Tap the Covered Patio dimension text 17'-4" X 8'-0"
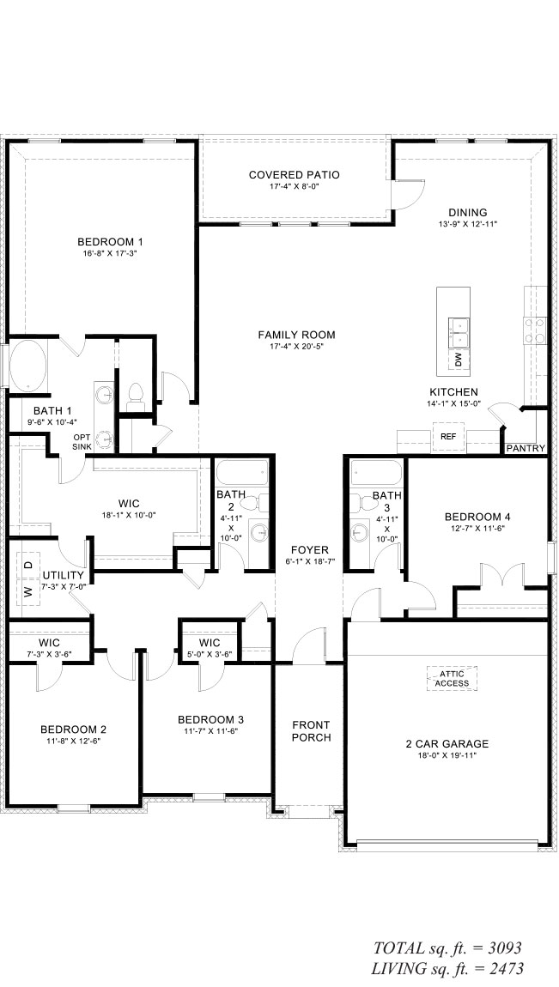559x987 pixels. pyautogui.click(x=294, y=186)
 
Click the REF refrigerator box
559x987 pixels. pyautogui.click(x=448, y=436)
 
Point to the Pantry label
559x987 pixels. pyautogui.click(x=526, y=449)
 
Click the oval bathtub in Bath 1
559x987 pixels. pyautogui.click(x=27, y=365)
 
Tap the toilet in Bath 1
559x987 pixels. pyautogui.click(x=136, y=393)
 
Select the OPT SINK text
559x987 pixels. pyautogui.click(x=82, y=442)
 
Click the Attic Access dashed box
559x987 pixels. pyautogui.click(x=452, y=679)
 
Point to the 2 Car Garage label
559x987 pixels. pyautogui.click(x=447, y=743)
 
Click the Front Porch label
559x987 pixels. pyautogui.click(x=311, y=730)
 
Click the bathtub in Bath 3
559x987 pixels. pyautogui.click(x=376, y=472)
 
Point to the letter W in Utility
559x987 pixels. pyautogui.click(x=27, y=591)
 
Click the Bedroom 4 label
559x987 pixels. pyautogui.click(x=477, y=518)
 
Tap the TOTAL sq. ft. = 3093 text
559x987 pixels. pyautogui.click(x=447, y=948)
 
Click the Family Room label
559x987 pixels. pyautogui.click(x=296, y=335)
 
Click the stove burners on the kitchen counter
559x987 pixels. pyautogui.click(x=536, y=330)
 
